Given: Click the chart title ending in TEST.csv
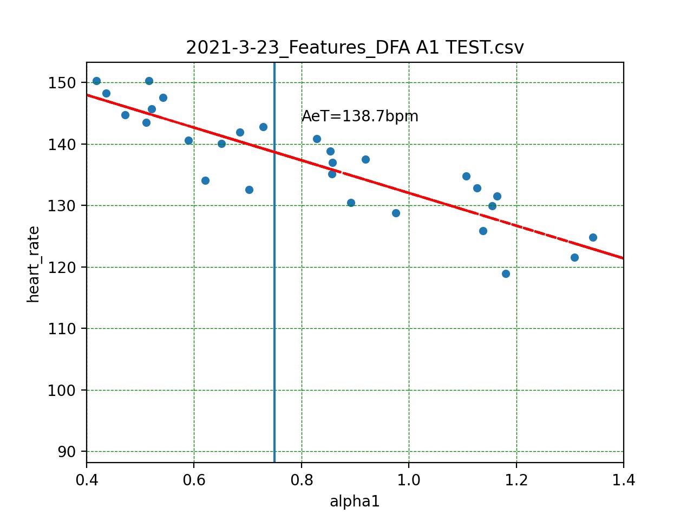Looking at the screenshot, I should (355, 48).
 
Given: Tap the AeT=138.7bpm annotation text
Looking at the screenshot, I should (359, 116).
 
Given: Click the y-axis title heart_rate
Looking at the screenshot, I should (34, 264).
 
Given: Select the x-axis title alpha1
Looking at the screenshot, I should (355, 502).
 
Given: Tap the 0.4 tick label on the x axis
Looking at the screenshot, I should (87, 480).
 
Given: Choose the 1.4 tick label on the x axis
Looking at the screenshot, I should (623, 480).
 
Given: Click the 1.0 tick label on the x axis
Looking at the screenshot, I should (409, 480).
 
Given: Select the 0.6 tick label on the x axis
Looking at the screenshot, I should (194, 480).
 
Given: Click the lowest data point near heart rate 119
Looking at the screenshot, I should (506, 274).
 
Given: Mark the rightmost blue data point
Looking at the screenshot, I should (593, 237).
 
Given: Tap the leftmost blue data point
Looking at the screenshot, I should (96, 81).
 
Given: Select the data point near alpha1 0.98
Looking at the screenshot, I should (396, 213).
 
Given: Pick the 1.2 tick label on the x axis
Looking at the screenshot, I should (517, 480).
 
